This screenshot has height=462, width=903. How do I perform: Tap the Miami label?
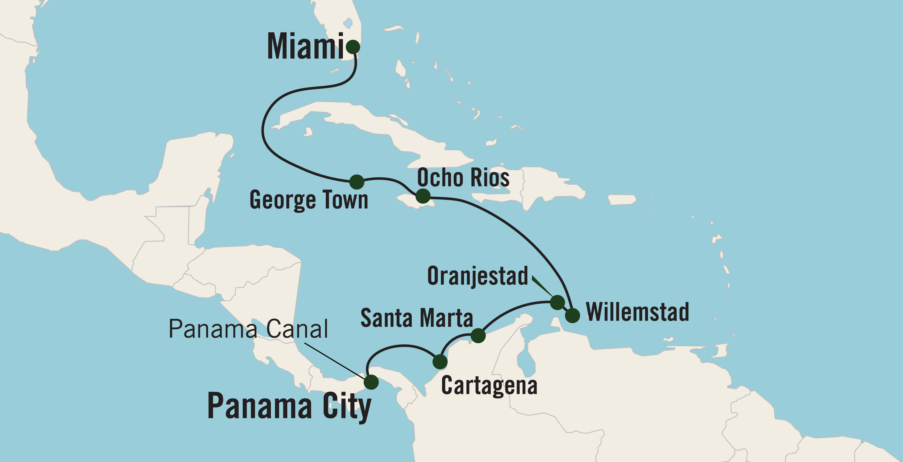tap(305, 47)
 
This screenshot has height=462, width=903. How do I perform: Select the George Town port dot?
tap(357, 182)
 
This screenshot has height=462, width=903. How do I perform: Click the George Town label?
tap(308, 200)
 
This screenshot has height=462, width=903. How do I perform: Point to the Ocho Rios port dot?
tap(423, 196)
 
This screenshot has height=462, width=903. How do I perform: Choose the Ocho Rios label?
tap(463, 178)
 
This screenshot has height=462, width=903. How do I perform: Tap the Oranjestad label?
tap(478, 276)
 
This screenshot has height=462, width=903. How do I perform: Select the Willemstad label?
tap(637, 312)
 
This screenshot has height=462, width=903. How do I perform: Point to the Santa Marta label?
tap(416, 318)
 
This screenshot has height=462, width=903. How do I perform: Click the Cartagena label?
tap(489, 386)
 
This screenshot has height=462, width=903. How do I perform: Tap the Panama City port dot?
tap(371, 382)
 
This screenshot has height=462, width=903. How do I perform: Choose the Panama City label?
tap(289, 406)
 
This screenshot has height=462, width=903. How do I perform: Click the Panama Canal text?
tap(248, 329)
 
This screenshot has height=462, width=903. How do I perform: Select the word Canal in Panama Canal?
tap(297, 329)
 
